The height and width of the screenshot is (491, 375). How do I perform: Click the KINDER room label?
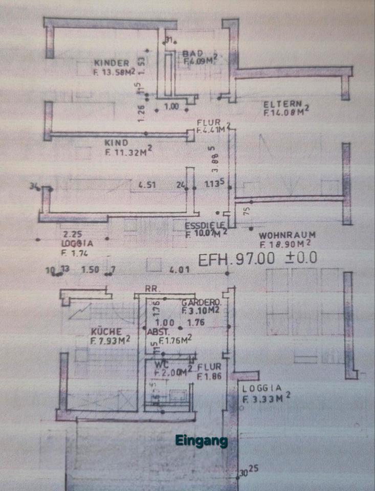(112, 63)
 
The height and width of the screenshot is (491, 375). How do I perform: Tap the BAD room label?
(193, 53)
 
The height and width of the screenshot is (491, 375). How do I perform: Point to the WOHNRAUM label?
(287, 236)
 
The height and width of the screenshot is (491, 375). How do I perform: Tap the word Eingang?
(201, 440)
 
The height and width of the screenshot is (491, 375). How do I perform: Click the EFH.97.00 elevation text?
(236, 259)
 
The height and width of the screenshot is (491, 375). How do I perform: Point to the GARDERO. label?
(201, 302)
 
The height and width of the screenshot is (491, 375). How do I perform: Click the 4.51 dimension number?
(147, 185)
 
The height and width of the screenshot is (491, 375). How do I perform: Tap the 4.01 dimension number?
(179, 269)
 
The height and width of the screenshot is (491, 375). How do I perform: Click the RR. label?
(152, 289)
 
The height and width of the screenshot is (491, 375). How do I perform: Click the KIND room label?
(116, 143)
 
